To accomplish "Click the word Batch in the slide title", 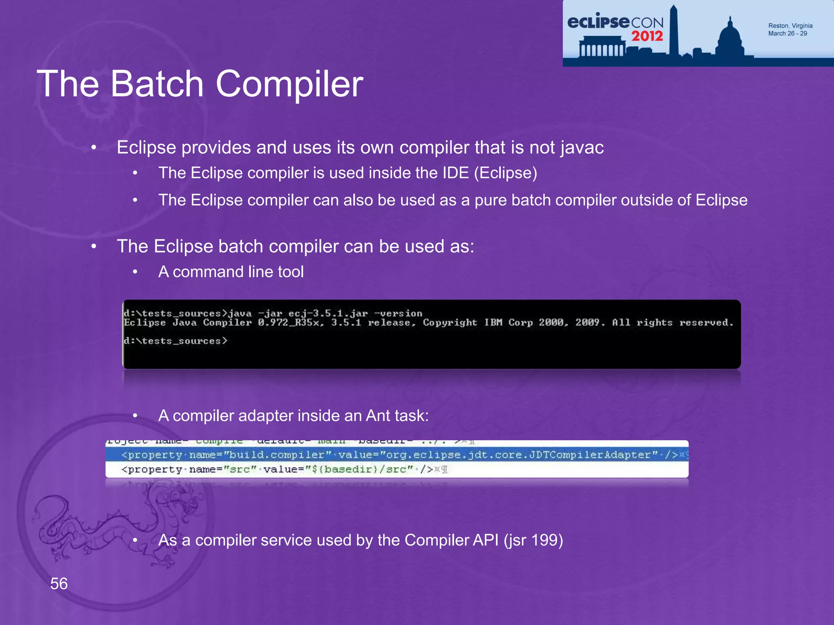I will pos(157,84).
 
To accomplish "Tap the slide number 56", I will pos(59,583).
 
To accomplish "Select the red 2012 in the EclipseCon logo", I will pos(647,36).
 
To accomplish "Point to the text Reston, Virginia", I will pos(790,26).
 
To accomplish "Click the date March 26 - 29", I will pos(787,33).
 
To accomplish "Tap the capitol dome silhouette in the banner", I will pos(730,39).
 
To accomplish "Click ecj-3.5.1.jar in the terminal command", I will pos(328,313).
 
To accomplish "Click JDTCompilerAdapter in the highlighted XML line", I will pos(593,455).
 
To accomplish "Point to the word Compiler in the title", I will pos(289,84).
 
